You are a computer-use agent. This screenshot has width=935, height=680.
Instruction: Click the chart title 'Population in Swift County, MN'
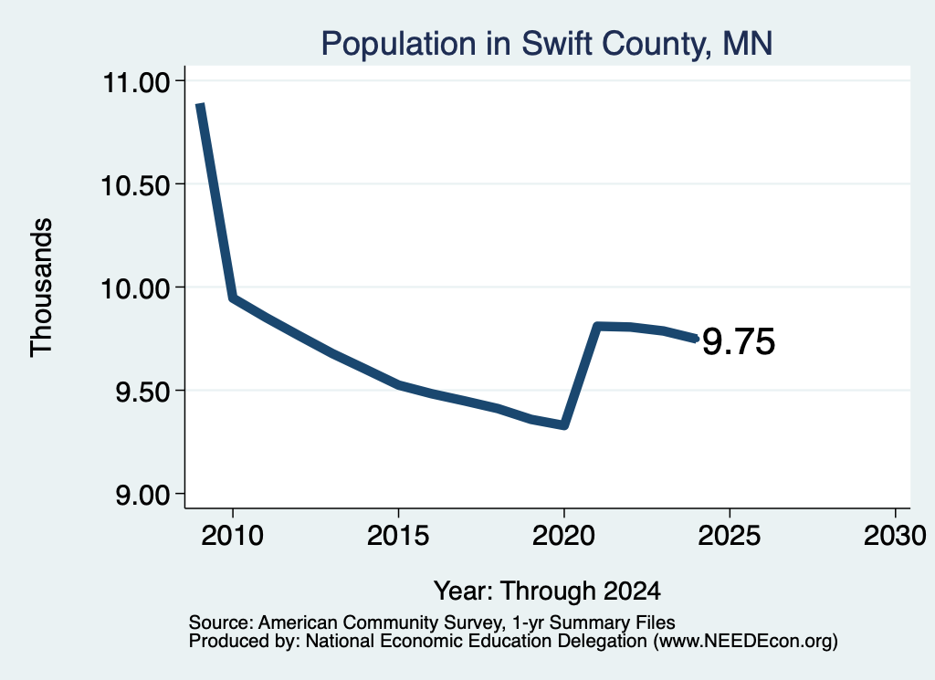[547, 44]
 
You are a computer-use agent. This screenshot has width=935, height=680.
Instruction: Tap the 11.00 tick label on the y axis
[137, 82]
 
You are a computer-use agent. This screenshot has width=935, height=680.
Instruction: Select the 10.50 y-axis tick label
[136, 185]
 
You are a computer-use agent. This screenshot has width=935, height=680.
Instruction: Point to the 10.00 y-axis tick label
[136, 289]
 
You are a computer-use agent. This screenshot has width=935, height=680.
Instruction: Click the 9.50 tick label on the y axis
[142, 392]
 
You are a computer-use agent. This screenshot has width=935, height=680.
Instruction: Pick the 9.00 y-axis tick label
[142, 496]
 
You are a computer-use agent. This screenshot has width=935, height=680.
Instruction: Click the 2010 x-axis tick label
[232, 535]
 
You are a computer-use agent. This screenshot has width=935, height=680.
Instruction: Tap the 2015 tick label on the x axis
[398, 535]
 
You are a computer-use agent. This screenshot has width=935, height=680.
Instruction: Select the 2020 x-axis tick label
[563, 535]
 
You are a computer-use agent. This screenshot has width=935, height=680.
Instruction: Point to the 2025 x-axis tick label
[730, 535]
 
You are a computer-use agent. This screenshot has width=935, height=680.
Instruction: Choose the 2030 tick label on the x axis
[895, 535]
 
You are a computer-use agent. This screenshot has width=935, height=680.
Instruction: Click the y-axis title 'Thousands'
[42, 288]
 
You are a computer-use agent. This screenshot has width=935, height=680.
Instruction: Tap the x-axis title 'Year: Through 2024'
[548, 591]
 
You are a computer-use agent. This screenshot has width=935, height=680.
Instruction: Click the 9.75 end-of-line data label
[739, 342]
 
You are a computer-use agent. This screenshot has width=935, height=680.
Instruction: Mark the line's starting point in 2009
[200, 105]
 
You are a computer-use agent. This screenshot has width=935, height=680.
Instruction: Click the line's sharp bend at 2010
[233, 297]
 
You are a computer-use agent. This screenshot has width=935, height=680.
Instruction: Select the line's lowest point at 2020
[563, 425]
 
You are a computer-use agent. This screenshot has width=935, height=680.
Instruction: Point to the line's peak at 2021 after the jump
[597, 326]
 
